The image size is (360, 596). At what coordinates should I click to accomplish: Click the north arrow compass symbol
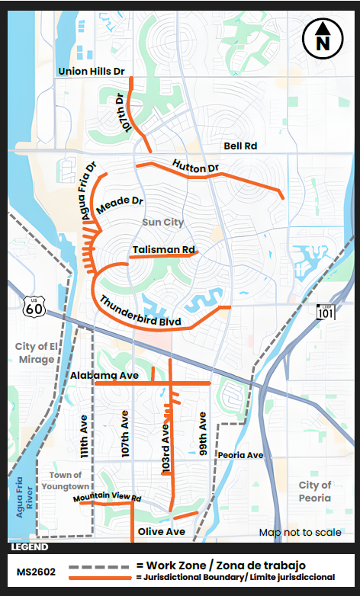click(323, 37)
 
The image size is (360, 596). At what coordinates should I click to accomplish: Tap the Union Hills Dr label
click(91, 72)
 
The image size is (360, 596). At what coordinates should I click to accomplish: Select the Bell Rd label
click(240, 146)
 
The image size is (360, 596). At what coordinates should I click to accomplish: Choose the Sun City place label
click(162, 223)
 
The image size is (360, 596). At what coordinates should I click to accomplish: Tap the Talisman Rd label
click(163, 249)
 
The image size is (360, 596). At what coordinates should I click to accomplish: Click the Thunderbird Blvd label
click(140, 312)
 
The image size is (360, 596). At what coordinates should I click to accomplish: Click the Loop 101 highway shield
click(325, 311)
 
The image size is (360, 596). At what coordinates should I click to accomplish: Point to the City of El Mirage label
click(36, 353)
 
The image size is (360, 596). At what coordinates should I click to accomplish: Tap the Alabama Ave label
click(104, 376)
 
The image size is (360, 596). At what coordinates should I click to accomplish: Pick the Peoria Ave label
click(240, 455)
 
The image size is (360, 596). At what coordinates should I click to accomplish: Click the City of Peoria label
click(315, 492)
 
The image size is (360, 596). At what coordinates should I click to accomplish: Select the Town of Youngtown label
click(65, 480)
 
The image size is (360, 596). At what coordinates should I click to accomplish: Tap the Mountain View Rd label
click(108, 498)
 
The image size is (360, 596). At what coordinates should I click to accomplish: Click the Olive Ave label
click(162, 531)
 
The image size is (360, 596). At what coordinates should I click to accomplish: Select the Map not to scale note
click(300, 533)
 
